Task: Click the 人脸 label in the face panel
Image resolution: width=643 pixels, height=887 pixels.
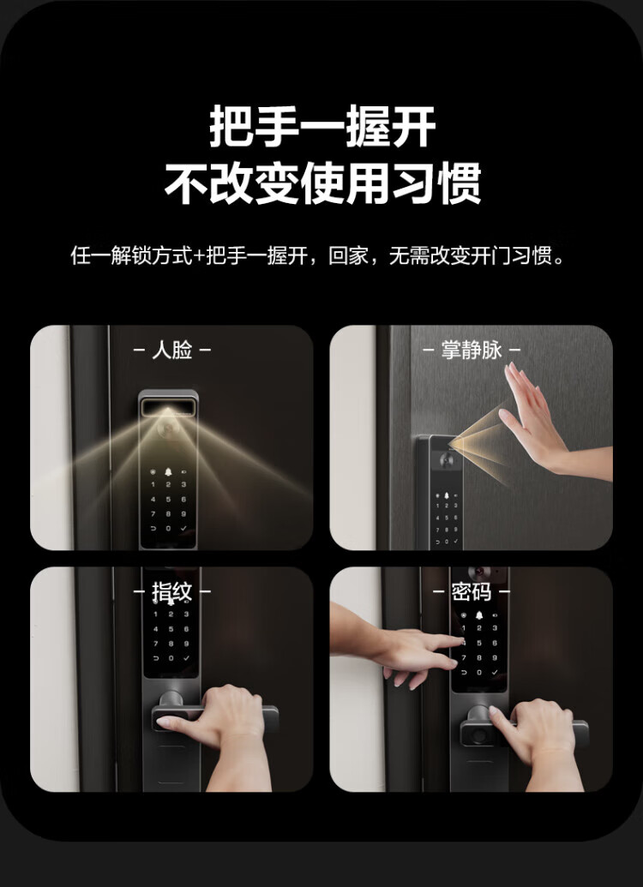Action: pyautogui.click(x=172, y=351)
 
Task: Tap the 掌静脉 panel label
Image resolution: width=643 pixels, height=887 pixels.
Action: pyautogui.click(x=472, y=351)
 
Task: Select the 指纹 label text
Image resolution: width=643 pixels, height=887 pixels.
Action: pyautogui.click(x=172, y=592)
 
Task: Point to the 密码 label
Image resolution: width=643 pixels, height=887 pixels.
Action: pyautogui.click(x=472, y=592)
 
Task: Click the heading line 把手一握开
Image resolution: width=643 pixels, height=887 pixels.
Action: pyautogui.click(x=322, y=127)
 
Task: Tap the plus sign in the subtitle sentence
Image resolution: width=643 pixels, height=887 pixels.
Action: pyautogui.click(x=199, y=256)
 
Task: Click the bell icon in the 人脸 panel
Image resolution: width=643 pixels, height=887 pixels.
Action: pyautogui.click(x=168, y=472)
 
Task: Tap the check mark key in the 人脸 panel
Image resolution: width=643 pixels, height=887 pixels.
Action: pyautogui.click(x=183, y=529)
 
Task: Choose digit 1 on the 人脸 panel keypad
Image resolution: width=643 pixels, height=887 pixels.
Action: pyautogui.click(x=153, y=485)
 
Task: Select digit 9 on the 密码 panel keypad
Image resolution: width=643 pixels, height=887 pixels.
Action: pyautogui.click(x=494, y=658)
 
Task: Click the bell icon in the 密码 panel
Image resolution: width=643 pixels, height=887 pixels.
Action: pyautogui.click(x=479, y=615)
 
